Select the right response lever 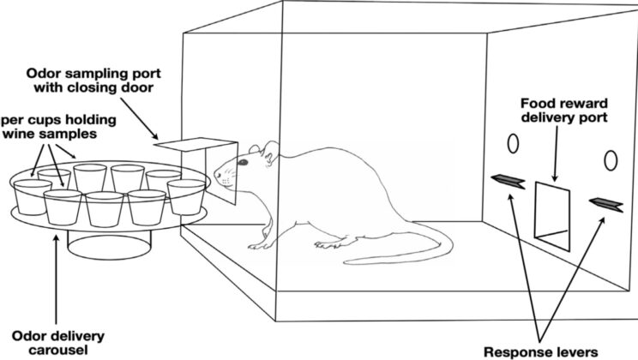[605, 203]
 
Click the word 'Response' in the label [524, 351]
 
